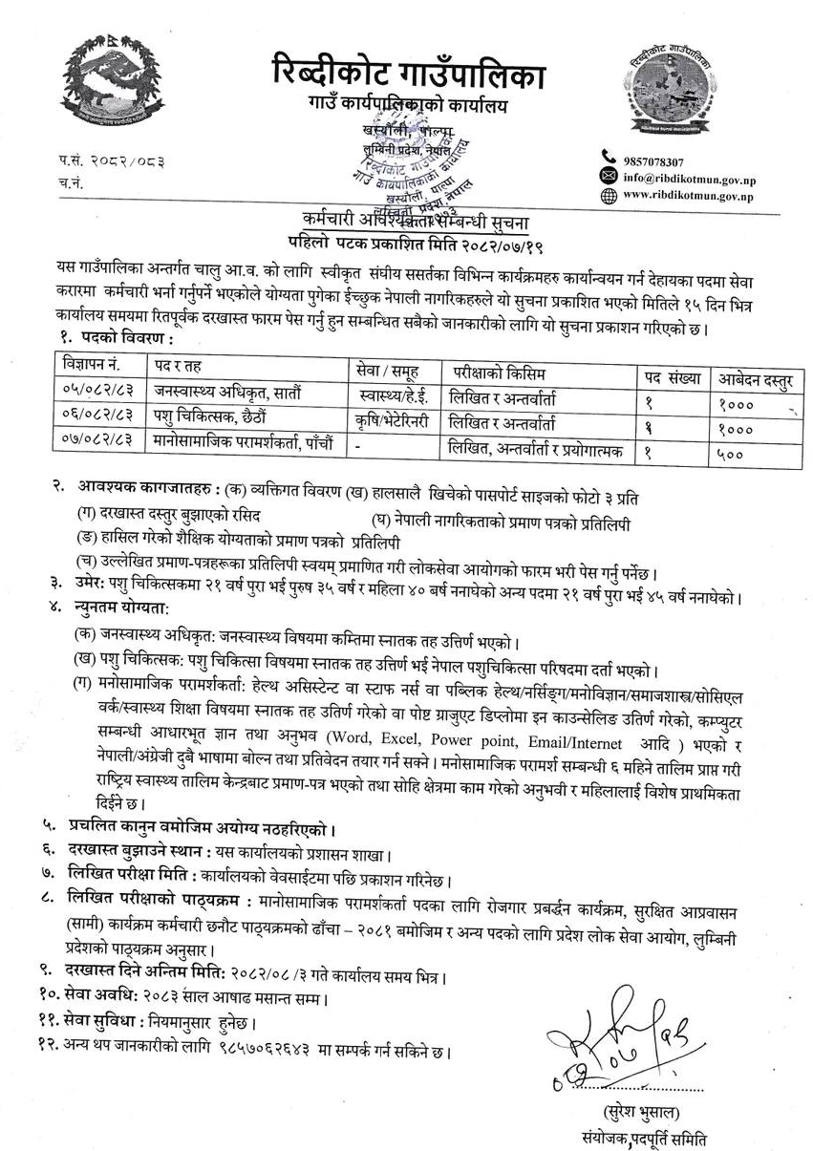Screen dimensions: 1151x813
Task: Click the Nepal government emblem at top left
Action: point(104,90)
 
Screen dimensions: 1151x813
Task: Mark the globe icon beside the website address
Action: point(607,196)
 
